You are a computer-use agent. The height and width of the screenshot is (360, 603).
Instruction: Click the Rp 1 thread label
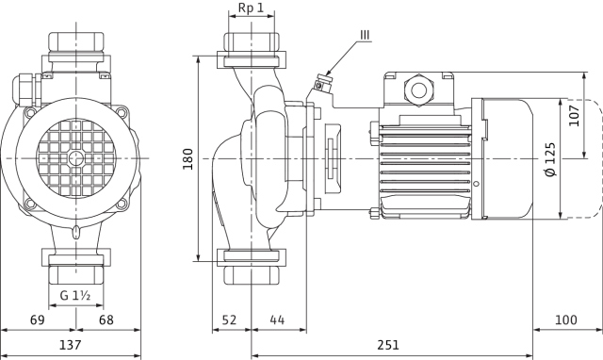coord(252,8)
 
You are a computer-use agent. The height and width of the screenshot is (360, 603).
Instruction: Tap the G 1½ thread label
coord(75,295)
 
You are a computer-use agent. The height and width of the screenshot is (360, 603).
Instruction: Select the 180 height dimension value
coord(188,159)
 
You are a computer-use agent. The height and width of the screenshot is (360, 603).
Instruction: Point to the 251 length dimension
coord(388,345)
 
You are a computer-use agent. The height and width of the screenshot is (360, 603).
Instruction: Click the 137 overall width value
coord(71,345)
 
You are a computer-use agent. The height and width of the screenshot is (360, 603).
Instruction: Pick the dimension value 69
coord(38,319)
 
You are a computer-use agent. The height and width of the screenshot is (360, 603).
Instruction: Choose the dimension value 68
coord(106,319)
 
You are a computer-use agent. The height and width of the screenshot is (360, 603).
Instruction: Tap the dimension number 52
coord(230,319)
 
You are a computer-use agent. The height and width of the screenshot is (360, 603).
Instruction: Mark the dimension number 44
coord(277,319)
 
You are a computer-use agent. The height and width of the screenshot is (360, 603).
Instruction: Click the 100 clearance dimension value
coord(566,319)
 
